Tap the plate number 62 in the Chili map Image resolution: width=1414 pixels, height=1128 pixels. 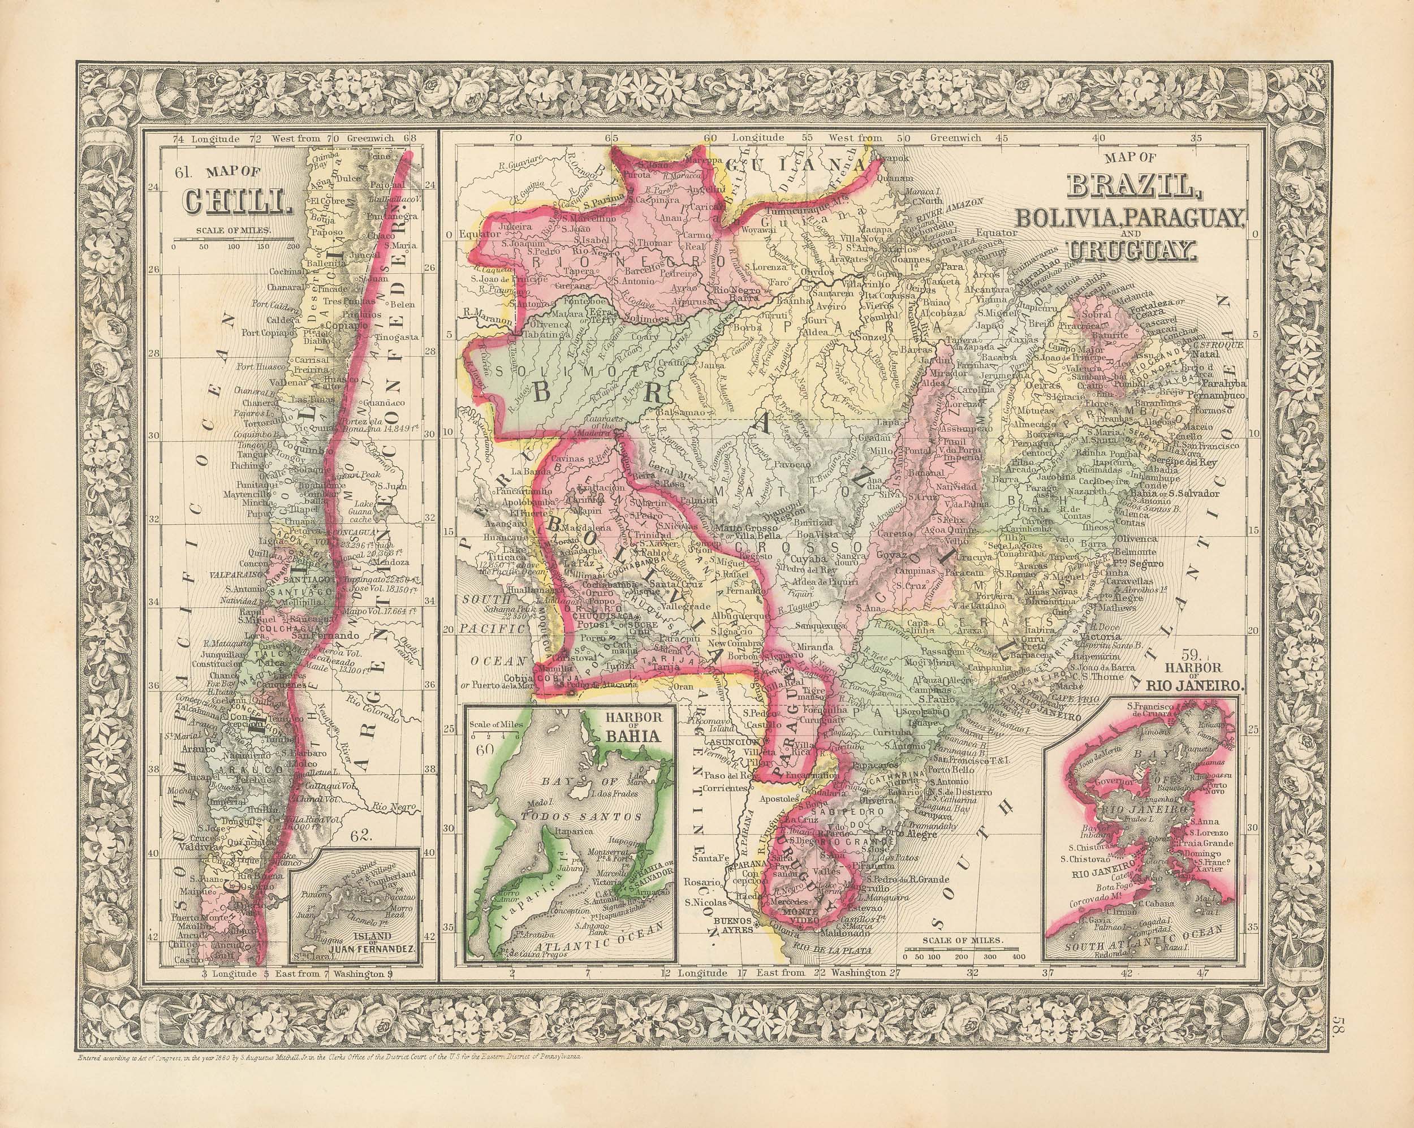click(361, 836)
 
